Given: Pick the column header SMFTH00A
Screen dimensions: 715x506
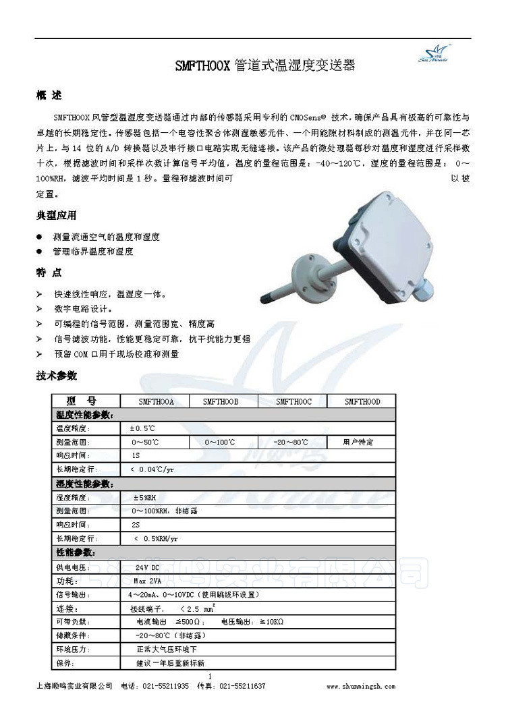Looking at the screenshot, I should coord(156,401).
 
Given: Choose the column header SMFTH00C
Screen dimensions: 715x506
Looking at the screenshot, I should coord(293,401).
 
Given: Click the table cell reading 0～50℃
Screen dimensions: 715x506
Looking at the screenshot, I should coord(146,442).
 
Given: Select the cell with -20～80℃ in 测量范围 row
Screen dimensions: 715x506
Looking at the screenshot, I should coord(291,442).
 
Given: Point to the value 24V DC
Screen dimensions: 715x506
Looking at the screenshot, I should coord(148,567).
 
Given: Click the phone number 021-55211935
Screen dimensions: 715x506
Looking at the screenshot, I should coord(165,686).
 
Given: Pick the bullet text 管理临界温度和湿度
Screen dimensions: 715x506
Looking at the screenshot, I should coord(93,252).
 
